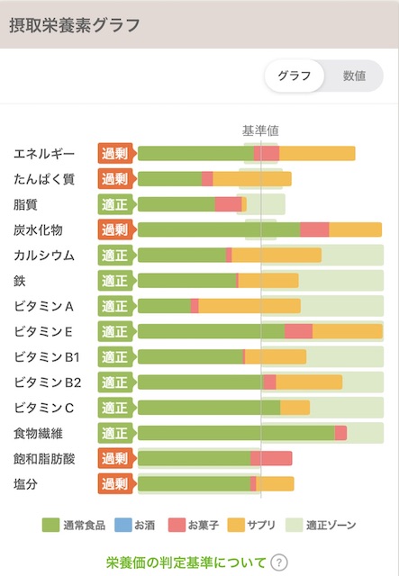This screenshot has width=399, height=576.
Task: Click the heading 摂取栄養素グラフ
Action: [x=75, y=24]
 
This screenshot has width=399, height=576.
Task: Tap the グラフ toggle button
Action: [x=295, y=76]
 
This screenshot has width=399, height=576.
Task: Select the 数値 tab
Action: [x=354, y=76]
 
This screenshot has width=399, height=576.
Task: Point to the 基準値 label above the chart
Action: [x=260, y=130]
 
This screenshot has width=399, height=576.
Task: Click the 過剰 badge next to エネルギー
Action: [x=115, y=153]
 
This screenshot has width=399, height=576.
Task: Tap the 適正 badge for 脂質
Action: [x=115, y=204]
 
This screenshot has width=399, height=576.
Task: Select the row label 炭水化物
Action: [x=39, y=229]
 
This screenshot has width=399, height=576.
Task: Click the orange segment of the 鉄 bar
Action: [x=268, y=281]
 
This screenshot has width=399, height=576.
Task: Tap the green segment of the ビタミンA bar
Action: [x=164, y=306]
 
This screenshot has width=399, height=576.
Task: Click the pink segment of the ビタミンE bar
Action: [x=298, y=331]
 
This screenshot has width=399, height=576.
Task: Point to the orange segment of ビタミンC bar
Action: [x=295, y=408]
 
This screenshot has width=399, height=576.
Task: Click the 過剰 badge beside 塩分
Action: [x=115, y=484]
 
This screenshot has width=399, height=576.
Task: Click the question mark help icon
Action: [x=279, y=562]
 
